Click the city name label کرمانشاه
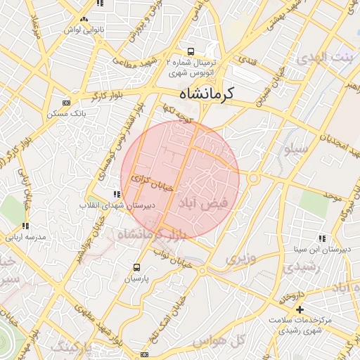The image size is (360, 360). pyautogui.click(x=207, y=94)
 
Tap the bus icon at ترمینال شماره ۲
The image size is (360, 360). pyautogui.click(x=191, y=51)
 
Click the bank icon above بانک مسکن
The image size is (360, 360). pyautogui.click(x=66, y=103)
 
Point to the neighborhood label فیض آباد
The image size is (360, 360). pyautogui.click(x=205, y=203)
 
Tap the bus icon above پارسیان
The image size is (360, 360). pyautogui.click(x=136, y=267)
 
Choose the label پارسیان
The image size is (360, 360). pyautogui.click(x=138, y=279)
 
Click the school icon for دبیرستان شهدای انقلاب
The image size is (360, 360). pyautogui.click(x=117, y=194)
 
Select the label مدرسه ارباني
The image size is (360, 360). pyautogui.click(x=25, y=238)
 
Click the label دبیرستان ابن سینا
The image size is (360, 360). pyautogui.click(x=321, y=250)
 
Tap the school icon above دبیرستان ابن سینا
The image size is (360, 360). pyautogui.click(x=321, y=239)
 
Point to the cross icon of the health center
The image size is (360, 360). pyautogui.click(x=300, y=309)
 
